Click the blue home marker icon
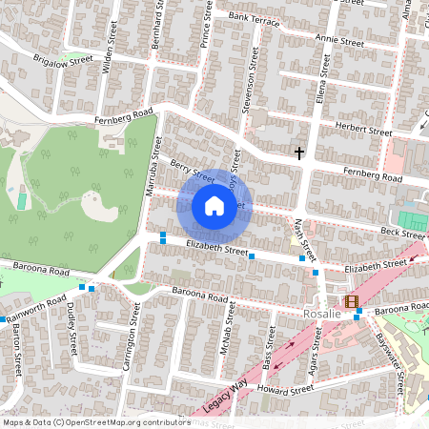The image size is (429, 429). (x=214, y=206)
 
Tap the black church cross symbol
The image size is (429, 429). (x=299, y=153)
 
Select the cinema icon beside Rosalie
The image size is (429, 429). (x=354, y=302)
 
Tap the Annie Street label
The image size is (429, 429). (x=338, y=42)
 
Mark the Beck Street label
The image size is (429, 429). (x=400, y=232)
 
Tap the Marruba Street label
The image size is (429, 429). (x=150, y=167)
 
